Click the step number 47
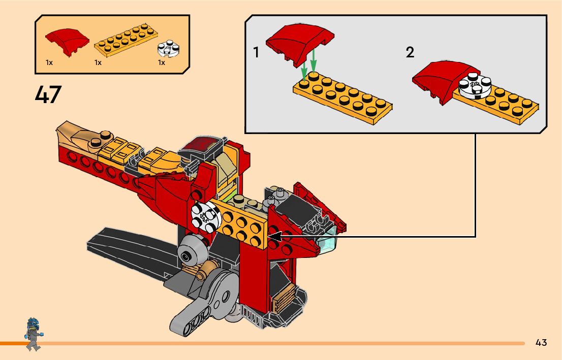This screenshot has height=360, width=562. click(x=48, y=94)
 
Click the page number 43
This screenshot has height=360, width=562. click(x=541, y=342)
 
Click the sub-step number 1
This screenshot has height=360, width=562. click(x=256, y=52)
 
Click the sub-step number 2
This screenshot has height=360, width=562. click(x=410, y=52)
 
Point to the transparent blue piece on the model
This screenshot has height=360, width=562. click(x=325, y=243)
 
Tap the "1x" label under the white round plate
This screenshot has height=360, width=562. click(x=161, y=63)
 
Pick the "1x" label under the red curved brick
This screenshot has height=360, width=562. click(x=49, y=63)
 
